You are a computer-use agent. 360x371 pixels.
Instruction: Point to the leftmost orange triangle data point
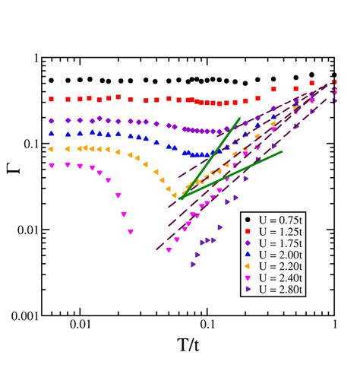click(x=52, y=149)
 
